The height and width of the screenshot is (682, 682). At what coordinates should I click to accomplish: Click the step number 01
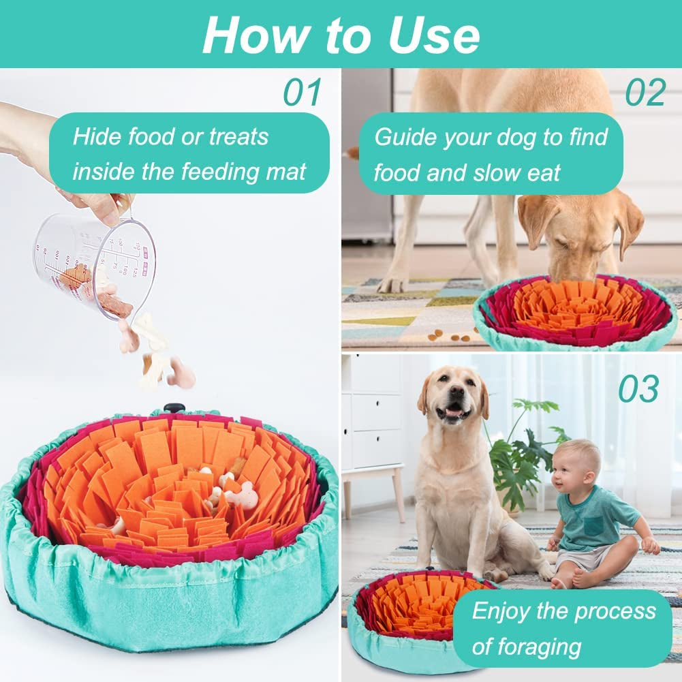point(302,93)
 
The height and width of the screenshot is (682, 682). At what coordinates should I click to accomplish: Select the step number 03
point(638,389)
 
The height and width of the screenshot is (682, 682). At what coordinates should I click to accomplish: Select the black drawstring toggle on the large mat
point(174,407)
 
